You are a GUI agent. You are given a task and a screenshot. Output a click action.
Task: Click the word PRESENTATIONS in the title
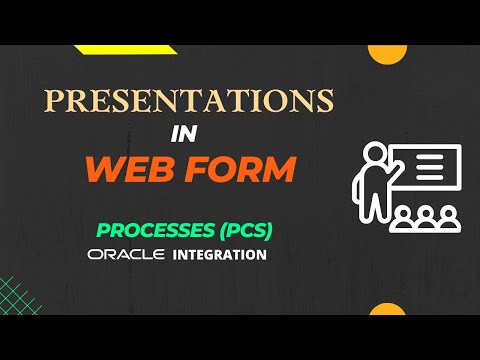[x=187, y=103]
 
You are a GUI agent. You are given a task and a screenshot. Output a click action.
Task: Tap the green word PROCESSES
[x=156, y=231]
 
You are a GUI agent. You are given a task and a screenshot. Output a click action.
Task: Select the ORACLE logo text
[x=126, y=255]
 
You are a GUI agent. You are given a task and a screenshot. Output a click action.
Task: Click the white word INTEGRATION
[x=220, y=255]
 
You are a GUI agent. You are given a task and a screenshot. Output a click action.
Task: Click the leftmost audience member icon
[x=406, y=217]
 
